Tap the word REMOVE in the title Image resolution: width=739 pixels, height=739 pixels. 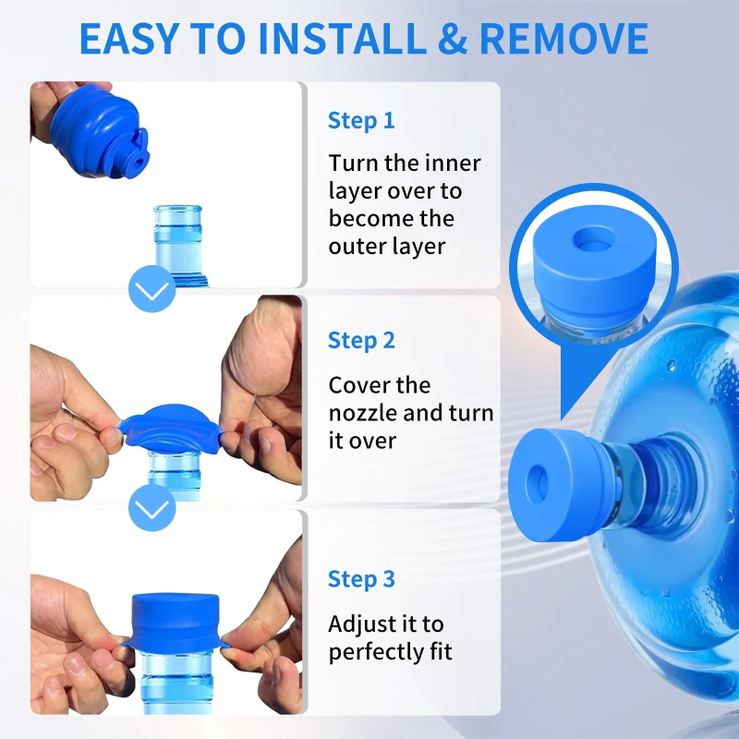tap(563, 38)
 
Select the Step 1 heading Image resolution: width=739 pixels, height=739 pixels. tap(361, 120)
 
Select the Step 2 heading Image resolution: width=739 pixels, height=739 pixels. tap(361, 340)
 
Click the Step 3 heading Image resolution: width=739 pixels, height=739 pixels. tap(361, 579)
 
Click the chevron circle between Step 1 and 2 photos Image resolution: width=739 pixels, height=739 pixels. tap(151, 291)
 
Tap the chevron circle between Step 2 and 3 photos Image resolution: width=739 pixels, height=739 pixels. tap(151, 507)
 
